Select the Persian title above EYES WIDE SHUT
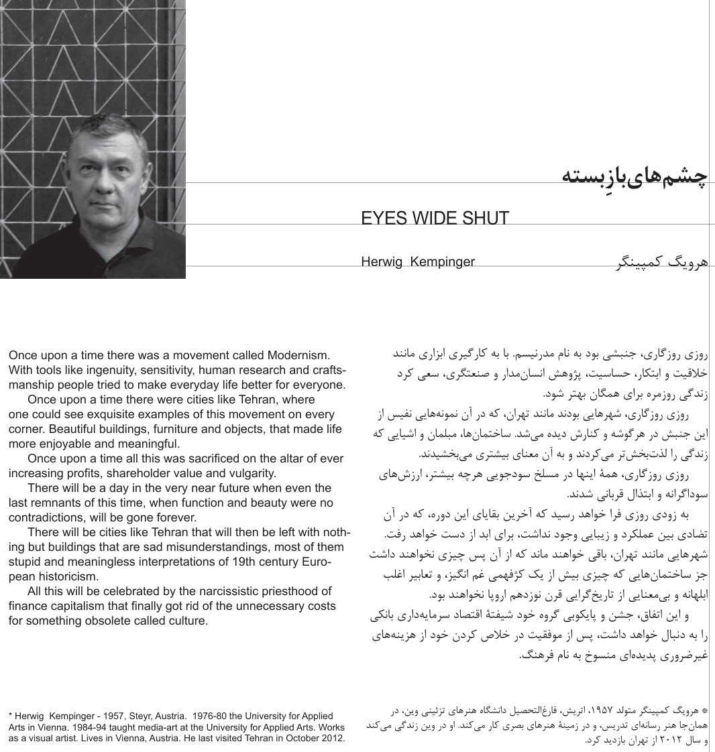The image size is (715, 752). tap(635, 176)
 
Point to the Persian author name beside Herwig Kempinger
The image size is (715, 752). tap(661, 262)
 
